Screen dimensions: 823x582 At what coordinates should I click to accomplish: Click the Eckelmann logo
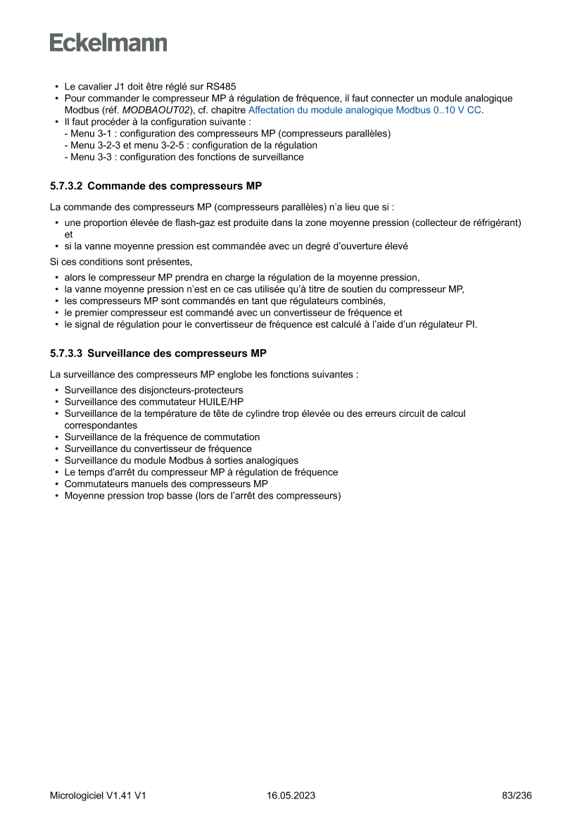[x=108, y=42]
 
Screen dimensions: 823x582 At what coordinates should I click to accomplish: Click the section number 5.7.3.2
[x=66, y=187]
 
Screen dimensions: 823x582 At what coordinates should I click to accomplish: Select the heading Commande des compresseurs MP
[x=175, y=187]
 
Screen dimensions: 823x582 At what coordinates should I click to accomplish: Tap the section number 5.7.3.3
[x=66, y=353]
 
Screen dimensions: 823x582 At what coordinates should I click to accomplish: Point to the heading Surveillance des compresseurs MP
[x=177, y=353]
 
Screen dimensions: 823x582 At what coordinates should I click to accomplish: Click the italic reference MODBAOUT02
[x=156, y=110]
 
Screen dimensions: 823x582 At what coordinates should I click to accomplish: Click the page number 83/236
[x=517, y=796]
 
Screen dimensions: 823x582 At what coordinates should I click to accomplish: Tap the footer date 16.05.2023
[x=291, y=796]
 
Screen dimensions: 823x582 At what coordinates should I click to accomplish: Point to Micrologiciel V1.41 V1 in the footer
[x=98, y=796]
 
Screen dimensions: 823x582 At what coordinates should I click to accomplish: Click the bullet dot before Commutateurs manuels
[x=56, y=484]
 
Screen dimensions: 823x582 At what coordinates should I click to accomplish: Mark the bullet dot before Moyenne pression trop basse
[x=56, y=496]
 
